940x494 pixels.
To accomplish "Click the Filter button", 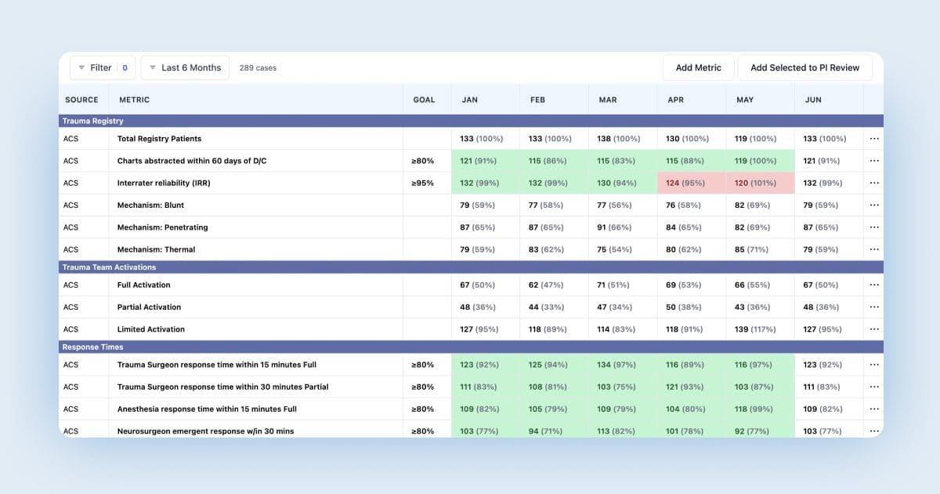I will pos(102,68).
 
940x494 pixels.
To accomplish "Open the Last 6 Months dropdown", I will pos(185,68).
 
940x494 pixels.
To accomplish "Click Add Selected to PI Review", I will pos(804,68).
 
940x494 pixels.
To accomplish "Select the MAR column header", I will pos(608,100).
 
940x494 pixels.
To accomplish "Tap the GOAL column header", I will pos(424,100).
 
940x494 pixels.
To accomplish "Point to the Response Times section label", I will pos(92,347).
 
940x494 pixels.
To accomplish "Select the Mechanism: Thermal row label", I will pos(156,249).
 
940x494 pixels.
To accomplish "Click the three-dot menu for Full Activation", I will pos(874,285).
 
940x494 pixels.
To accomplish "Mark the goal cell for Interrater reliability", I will pos(423,183).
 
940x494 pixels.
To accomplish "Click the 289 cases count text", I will pos(258,68).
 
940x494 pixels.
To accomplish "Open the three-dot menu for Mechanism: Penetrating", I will pos(874,227).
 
